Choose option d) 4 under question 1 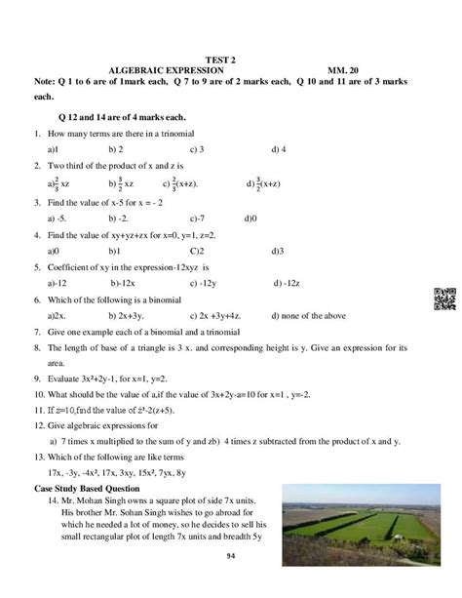point(280,149)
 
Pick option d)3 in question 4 point(278,251)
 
